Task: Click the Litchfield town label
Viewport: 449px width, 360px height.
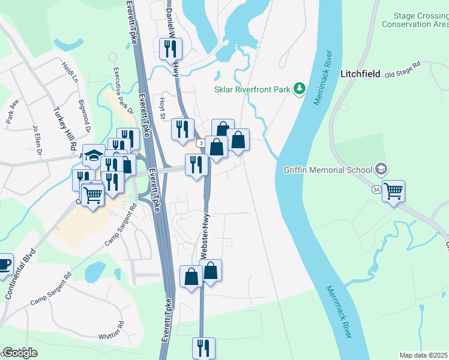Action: tap(360, 74)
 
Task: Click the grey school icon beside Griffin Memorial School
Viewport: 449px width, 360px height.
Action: tap(379, 169)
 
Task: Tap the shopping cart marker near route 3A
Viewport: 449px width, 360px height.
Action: tap(393, 191)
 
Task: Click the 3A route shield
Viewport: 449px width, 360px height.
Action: tap(376, 190)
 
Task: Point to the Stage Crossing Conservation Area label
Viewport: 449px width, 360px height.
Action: tap(415, 20)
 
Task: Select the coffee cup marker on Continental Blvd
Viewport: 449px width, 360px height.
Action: tap(3, 265)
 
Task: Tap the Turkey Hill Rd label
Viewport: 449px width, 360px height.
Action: tap(65, 128)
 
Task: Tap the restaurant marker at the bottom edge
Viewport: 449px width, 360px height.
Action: tap(203, 347)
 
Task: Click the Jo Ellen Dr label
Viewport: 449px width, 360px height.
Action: tap(38, 140)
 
